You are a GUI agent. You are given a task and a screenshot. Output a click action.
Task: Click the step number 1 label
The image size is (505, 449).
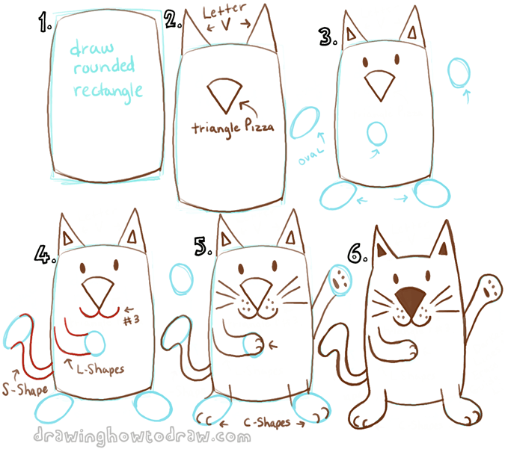tap(42, 26)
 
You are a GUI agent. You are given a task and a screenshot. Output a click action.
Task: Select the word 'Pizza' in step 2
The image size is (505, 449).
tap(254, 128)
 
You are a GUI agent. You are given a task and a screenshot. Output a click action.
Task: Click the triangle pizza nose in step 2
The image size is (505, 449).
tap(222, 93)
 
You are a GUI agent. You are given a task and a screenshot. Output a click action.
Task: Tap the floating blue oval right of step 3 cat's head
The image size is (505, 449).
tap(459, 75)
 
